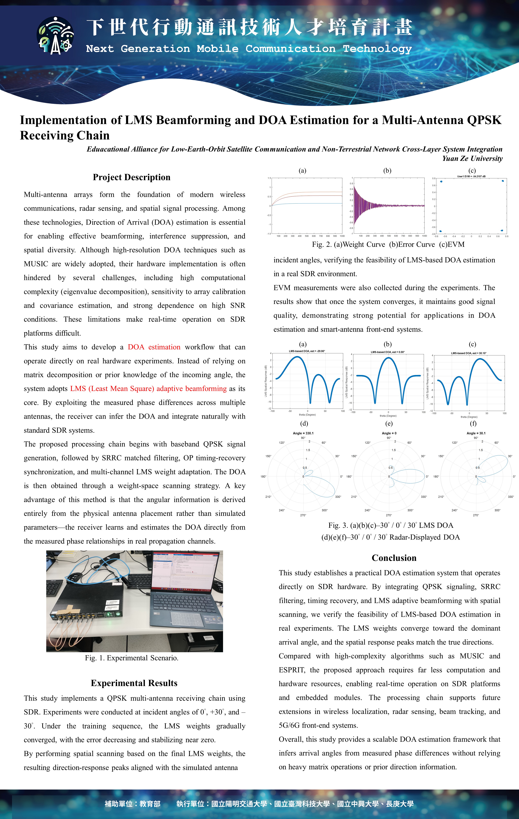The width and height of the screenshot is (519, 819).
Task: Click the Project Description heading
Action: pos(131,177)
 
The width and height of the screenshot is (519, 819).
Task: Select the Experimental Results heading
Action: pos(134,683)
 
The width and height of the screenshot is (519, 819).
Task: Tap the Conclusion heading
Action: pos(394,558)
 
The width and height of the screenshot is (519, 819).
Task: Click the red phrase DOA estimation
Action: pos(154,347)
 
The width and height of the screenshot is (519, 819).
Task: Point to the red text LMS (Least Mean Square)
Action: pos(112,388)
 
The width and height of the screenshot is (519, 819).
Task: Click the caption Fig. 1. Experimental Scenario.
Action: pos(132,658)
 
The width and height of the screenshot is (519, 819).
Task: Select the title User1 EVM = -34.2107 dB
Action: pos(471,176)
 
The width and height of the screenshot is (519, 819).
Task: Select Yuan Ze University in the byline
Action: pos(472,158)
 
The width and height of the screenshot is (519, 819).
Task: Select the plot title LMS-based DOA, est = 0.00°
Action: pos(388,352)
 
